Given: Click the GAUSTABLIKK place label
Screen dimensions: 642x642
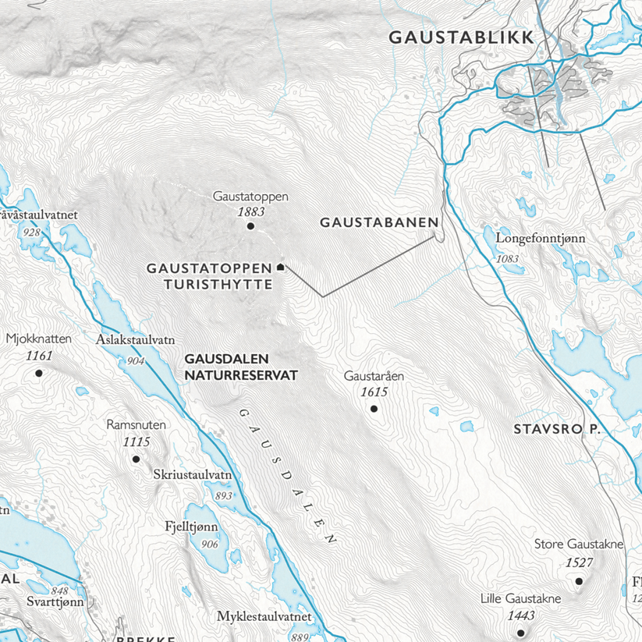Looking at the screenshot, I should pos(461,37).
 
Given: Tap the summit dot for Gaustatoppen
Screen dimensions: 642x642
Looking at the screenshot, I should pos(250,226).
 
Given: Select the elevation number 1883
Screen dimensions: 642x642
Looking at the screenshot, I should pos(250,211).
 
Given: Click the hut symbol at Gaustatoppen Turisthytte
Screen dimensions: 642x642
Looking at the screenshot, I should pos(281,267).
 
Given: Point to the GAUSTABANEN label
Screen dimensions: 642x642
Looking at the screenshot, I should pos(379,222).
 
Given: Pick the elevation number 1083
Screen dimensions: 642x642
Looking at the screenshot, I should pos(506,258).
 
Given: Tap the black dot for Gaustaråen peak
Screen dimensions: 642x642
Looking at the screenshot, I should pos(374,408).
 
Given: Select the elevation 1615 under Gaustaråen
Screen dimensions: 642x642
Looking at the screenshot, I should pos(374,392).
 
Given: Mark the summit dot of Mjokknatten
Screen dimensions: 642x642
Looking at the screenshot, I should pos(39,373).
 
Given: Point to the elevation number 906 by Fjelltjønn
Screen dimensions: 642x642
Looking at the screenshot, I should pos(209,544).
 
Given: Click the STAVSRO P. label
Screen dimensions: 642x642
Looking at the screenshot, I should pos(555,429).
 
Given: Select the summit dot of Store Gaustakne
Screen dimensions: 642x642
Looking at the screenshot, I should pos(579,580).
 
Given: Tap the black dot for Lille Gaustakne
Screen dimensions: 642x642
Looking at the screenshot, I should pos(521,631).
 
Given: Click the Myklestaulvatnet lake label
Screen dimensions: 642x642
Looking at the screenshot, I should pos(264,617).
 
